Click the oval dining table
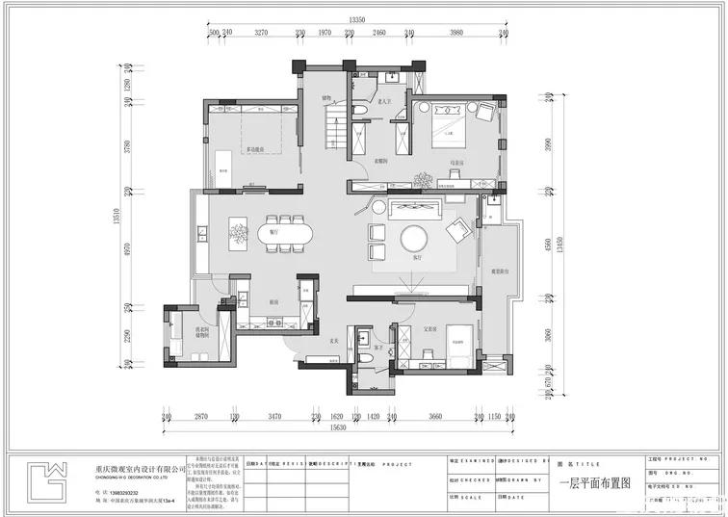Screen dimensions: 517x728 (280, 232)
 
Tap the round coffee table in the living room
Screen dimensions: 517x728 (415, 238)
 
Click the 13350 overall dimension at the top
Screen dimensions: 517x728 (358, 19)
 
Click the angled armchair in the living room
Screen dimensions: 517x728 (456, 228)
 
